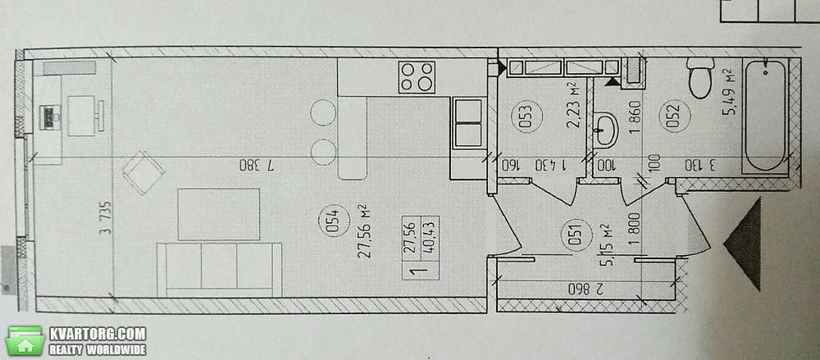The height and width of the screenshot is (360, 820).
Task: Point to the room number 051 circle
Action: [574, 232]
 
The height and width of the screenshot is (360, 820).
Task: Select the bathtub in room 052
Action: [766, 116]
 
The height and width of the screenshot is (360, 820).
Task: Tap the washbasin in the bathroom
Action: [606, 129]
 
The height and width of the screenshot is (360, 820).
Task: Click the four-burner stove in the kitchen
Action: [417, 77]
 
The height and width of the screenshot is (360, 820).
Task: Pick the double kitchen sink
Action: [468, 124]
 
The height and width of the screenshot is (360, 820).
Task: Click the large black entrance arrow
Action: [743, 244]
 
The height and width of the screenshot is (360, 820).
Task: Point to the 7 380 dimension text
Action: [257, 166]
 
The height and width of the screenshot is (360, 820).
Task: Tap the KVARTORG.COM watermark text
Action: [98, 334]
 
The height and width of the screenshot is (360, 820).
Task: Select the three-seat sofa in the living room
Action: [219, 270]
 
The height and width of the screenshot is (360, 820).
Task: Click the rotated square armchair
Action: [143, 172]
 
